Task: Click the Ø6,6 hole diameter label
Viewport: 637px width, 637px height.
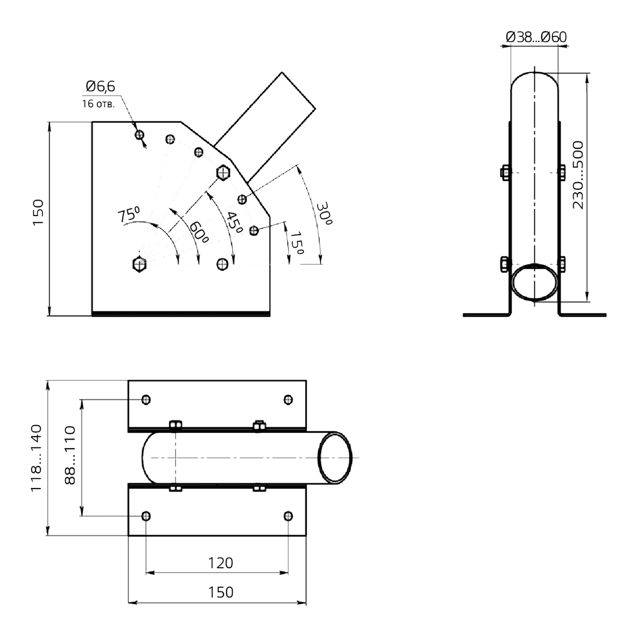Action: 100,87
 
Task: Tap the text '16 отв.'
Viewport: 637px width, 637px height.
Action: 99,104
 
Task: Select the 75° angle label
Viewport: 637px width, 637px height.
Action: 129,214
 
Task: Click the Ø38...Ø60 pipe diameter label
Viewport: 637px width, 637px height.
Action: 536,37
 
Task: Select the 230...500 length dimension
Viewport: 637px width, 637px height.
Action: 578,175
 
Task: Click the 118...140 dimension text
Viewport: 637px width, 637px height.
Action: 37,458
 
